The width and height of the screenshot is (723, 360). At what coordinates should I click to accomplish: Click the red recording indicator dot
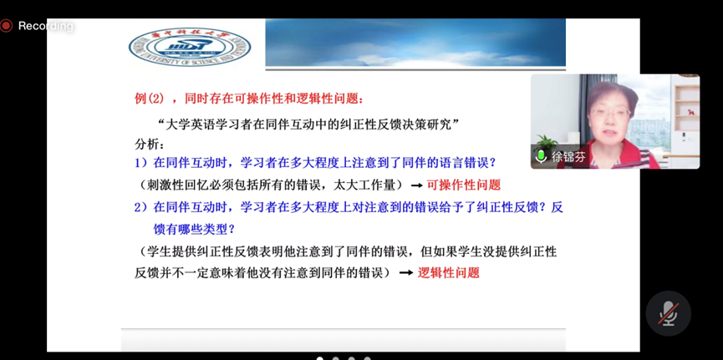[6, 26]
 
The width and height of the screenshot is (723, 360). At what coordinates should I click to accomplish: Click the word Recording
[46, 26]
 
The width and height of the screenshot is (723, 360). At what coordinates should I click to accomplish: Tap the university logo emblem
[190, 47]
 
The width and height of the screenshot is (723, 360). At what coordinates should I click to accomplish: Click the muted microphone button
[668, 313]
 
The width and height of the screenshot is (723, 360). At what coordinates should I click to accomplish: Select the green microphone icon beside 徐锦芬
[541, 156]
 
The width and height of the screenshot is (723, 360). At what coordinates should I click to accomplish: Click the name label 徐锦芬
[568, 157]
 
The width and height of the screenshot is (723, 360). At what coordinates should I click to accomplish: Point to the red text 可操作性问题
[463, 185]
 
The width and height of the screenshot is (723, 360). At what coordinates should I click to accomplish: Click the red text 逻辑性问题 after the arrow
[448, 273]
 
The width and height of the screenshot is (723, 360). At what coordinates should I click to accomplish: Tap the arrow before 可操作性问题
[416, 185]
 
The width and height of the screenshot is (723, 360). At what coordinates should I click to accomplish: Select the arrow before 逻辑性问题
[405, 273]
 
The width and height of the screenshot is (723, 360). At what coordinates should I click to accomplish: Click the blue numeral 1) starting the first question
[140, 163]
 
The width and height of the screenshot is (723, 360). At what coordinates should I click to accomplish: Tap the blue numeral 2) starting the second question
[140, 207]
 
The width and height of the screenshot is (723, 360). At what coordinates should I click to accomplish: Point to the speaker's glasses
[610, 113]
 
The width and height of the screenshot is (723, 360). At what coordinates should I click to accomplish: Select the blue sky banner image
[415, 43]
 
